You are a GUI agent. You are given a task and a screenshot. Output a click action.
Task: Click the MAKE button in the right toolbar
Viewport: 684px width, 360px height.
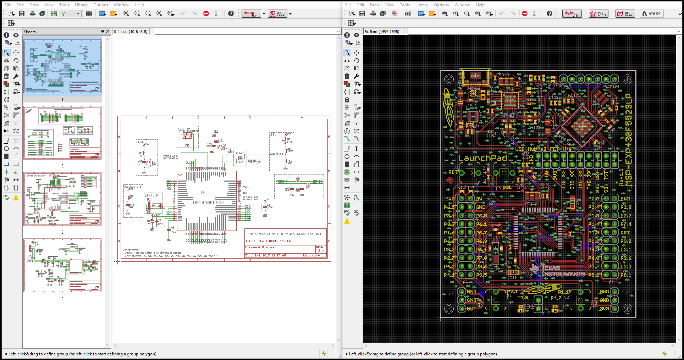point(651,14)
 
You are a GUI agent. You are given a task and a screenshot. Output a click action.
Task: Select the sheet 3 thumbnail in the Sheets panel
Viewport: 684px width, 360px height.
point(62,199)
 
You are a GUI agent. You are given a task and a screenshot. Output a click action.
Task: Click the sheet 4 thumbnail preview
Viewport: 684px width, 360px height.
point(62,265)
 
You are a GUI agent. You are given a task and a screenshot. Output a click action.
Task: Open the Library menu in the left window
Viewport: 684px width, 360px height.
point(81,5)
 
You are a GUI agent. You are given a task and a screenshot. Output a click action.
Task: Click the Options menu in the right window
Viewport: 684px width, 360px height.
point(441,5)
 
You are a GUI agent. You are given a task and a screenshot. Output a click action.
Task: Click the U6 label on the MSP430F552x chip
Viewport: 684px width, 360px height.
point(202,193)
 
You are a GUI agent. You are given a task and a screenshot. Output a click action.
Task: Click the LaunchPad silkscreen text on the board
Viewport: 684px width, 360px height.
point(482,158)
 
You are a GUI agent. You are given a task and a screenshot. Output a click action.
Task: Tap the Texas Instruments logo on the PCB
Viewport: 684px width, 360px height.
point(557,271)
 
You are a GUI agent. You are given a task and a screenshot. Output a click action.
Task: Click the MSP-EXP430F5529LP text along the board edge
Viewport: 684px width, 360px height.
point(628,140)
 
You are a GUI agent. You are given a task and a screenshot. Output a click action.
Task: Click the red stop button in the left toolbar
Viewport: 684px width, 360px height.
point(206,14)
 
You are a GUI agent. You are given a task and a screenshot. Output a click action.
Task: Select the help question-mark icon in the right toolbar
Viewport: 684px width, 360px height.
point(549,14)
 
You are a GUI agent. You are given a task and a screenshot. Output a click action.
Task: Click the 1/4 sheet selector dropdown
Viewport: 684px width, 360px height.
point(71,14)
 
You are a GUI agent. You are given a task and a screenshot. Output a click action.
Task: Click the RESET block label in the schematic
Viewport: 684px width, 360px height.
point(140,142)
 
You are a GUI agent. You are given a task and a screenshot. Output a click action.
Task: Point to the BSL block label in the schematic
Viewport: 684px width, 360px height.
point(273,135)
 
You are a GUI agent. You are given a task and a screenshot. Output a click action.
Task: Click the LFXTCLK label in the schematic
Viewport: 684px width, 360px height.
point(151,195)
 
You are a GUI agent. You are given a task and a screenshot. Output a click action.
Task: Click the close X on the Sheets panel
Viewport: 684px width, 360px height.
point(108,32)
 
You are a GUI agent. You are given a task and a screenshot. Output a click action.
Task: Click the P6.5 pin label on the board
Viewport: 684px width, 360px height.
point(449,207)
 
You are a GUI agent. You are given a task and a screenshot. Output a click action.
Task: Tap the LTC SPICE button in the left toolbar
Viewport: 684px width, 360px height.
point(277,14)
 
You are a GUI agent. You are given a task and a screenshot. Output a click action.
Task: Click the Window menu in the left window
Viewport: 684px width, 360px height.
point(121,5)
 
